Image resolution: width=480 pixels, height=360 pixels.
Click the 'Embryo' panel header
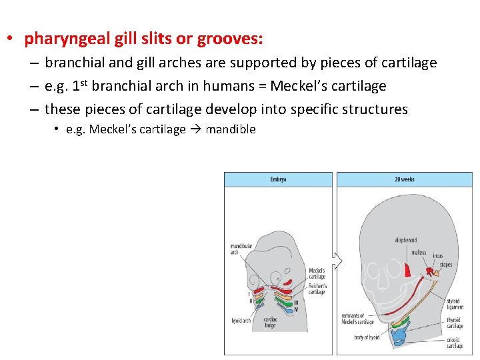click(x=278, y=179)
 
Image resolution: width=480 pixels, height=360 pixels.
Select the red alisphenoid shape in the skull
click(x=407, y=269)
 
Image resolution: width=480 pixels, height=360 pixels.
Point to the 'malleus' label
click(x=419, y=253)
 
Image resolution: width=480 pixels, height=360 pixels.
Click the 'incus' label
click(x=437, y=256)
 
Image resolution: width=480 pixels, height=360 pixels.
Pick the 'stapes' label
click(x=445, y=265)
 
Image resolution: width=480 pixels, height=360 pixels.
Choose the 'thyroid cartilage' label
click(x=455, y=323)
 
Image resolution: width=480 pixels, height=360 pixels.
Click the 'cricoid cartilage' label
click(x=455, y=343)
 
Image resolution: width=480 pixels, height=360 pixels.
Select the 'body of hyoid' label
click(x=367, y=337)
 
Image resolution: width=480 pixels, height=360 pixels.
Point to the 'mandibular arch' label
click(x=241, y=249)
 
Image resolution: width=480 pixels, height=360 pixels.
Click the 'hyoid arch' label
click(x=241, y=321)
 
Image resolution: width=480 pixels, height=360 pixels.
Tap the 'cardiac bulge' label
click(x=271, y=323)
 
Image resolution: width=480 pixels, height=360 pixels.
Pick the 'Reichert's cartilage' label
click(x=317, y=288)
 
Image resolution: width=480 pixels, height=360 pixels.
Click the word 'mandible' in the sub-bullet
click(x=231, y=129)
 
